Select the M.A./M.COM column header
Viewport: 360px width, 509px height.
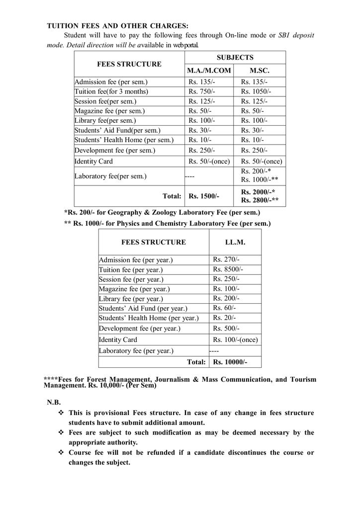click(x=209, y=71)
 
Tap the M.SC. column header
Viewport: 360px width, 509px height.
click(x=260, y=71)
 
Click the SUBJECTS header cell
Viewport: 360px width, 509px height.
click(x=235, y=58)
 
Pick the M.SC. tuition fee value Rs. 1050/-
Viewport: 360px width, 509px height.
click(x=256, y=91)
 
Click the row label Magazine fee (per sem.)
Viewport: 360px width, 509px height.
click(x=109, y=111)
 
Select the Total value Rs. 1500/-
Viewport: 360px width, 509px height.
click(x=204, y=196)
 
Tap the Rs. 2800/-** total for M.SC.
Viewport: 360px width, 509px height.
click(x=260, y=201)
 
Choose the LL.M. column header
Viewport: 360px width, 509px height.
click(x=235, y=242)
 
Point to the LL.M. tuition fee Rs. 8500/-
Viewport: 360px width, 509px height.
click(x=228, y=269)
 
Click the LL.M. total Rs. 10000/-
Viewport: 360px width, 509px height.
click(x=230, y=362)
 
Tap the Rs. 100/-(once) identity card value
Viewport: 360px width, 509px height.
click(x=236, y=340)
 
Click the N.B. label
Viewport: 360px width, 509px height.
click(x=54, y=402)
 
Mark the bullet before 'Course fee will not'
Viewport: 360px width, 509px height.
click(x=61, y=453)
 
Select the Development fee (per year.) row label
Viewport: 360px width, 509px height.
click(x=139, y=329)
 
